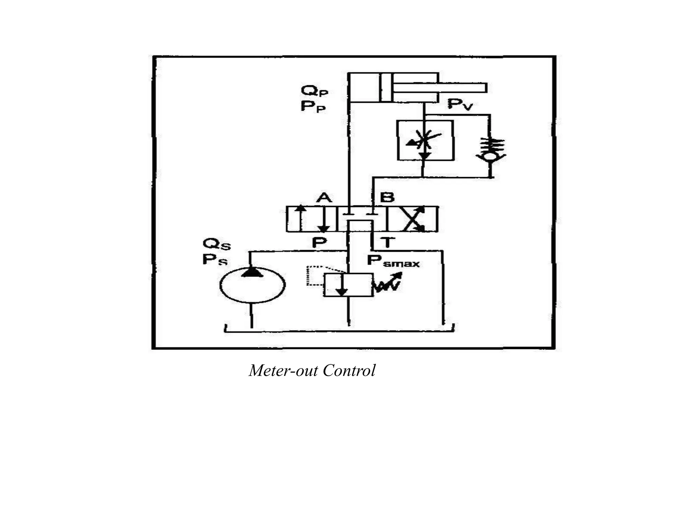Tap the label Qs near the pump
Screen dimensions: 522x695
(217, 244)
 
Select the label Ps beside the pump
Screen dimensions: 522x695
(215, 260)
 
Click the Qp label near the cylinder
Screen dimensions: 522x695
(314, 91)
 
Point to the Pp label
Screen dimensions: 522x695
(313, 107)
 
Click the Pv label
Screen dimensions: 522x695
(460, 104)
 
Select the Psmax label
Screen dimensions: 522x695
(393, 261)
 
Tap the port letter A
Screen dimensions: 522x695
(324, 197)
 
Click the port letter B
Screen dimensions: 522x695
(387, 197)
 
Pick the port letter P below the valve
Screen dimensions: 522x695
(319, 242)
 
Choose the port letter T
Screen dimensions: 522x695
(388, 242)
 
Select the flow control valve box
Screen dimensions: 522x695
(425, 140)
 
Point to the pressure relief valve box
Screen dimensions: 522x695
(348, 285)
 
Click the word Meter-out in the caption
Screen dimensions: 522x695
(283, 370)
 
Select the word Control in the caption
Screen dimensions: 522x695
(349, 370)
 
